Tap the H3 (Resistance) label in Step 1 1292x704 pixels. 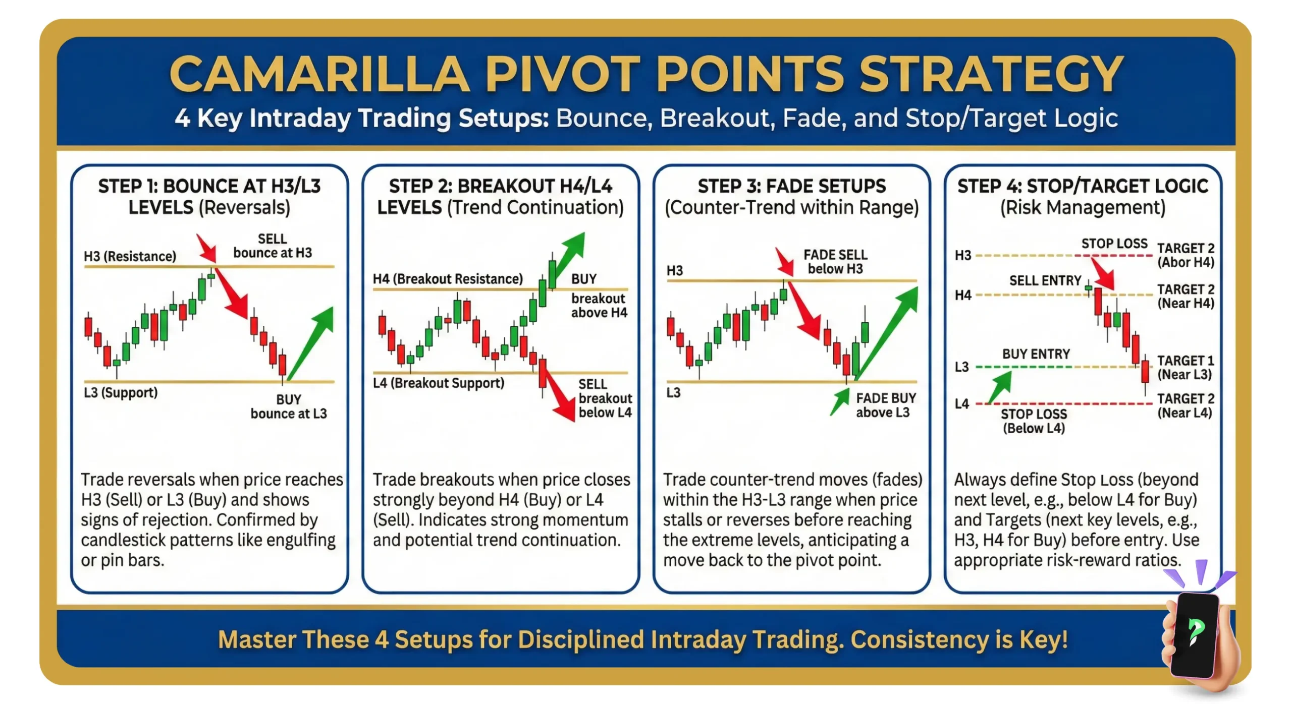pyautogui.click(x=130, y=256)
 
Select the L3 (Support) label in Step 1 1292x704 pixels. pyautogui.click(x=121, y=392)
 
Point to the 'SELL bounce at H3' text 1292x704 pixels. pyautogui.click(x=273, y=246)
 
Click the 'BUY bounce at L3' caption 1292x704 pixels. pyautogui.click(x=289, y=406)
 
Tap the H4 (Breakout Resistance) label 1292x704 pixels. pyautogui.click(x=447, y=279)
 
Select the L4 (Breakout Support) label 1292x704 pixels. pyautogui.click(x=438, y=383)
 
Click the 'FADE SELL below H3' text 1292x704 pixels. pyautogui.click(x=835, y=262)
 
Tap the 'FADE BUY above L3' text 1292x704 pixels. pyautogui.click(x=885, y=405)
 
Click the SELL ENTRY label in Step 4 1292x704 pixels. pyautogui.click(x=1045, y=280)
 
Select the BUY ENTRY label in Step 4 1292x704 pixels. pyautogui.click(x=1036, y=354)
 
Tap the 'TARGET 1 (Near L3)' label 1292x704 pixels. pyautogui.click(x=1185, y=368)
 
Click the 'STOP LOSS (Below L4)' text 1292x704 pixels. pyautogui.click(x=1034, y=421)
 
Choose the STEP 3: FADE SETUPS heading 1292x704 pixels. pyautogui.click(x=791, y=186)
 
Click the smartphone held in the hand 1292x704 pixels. pyautogui.click(x=1195, y=635)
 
